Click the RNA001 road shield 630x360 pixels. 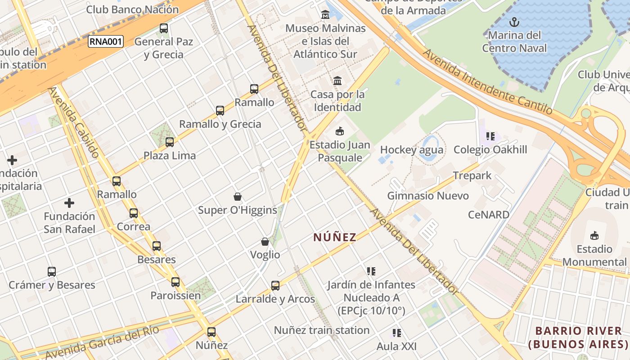pyautogui.click(x=106, y=42)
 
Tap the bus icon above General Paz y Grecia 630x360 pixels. pyautogui.click(x=164, y=28)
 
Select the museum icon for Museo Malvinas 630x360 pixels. pyautogui.click(x=325, y=15)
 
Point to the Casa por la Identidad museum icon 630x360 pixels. pyautogui.click(x=337, y=81)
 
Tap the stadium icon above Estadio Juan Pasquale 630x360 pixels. pyautogui.click(x=340, y=131)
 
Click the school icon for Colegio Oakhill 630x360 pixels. pyautogui.click(x=490, y=136)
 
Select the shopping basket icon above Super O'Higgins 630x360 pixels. pyautogui.click(x=238, y=197)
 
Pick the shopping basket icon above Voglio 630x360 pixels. pyautogui.click(x=265, y=242)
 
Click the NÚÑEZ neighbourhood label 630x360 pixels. pyautogui.click(x=335, y=237)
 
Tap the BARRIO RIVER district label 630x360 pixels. pyautogui.click(x=578, y=337)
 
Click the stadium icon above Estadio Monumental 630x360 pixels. pyautogui.click(x=594, y=235)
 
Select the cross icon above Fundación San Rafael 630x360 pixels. pyautogui.click(x=69, y=203)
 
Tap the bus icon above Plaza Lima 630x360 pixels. pyautogui.click(x=170, y=142)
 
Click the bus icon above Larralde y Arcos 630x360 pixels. pyautogui.click(x=275, y=285)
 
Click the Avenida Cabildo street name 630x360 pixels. pyautogui.click(x=74, y=122)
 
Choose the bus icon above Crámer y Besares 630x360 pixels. pyautogui.click(x=52, y=272)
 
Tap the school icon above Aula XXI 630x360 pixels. pyautogui.click(x=396, y=333)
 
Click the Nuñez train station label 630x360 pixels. pyautogui.click(x=322, y=330)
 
